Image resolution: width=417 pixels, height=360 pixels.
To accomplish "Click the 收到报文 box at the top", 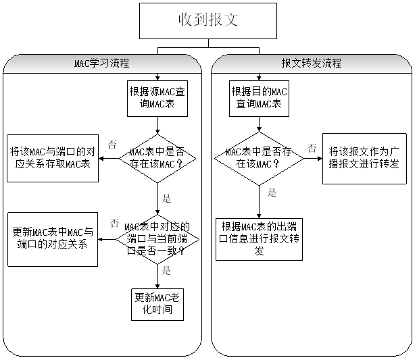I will click(x=208, y=21).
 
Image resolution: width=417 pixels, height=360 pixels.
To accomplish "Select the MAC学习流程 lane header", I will click(x=102, y=63).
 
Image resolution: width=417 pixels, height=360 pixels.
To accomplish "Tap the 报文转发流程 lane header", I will click(x=312, y=63).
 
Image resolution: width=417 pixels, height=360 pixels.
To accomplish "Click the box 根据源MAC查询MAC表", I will click(x=157, y=98).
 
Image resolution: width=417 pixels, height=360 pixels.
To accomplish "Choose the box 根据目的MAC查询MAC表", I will click(x=259, y=98).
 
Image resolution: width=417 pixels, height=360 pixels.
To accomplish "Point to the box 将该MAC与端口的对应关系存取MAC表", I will click(x=53, y=158).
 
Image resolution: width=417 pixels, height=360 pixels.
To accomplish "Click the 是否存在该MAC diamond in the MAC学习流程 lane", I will click(x=157, y=158).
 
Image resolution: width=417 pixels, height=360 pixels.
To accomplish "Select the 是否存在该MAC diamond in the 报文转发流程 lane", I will click(x=258, y=158).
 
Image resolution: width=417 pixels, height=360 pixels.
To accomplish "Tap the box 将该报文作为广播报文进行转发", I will click(x=364, y=158).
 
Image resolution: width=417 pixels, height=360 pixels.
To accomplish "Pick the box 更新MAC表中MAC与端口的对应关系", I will click(x=53, y=239).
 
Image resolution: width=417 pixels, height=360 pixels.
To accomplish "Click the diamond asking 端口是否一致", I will click(x=157, y=240).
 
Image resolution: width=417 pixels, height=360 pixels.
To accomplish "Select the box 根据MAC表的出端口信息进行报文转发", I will click(x=259, y=239).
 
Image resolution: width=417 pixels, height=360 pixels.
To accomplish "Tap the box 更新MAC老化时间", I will click(x=157, y=304).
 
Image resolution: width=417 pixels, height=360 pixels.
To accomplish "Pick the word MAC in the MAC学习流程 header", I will click(x=81, y=63).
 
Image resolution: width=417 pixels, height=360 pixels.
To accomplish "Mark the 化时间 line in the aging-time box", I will click(x=157, y=310).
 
